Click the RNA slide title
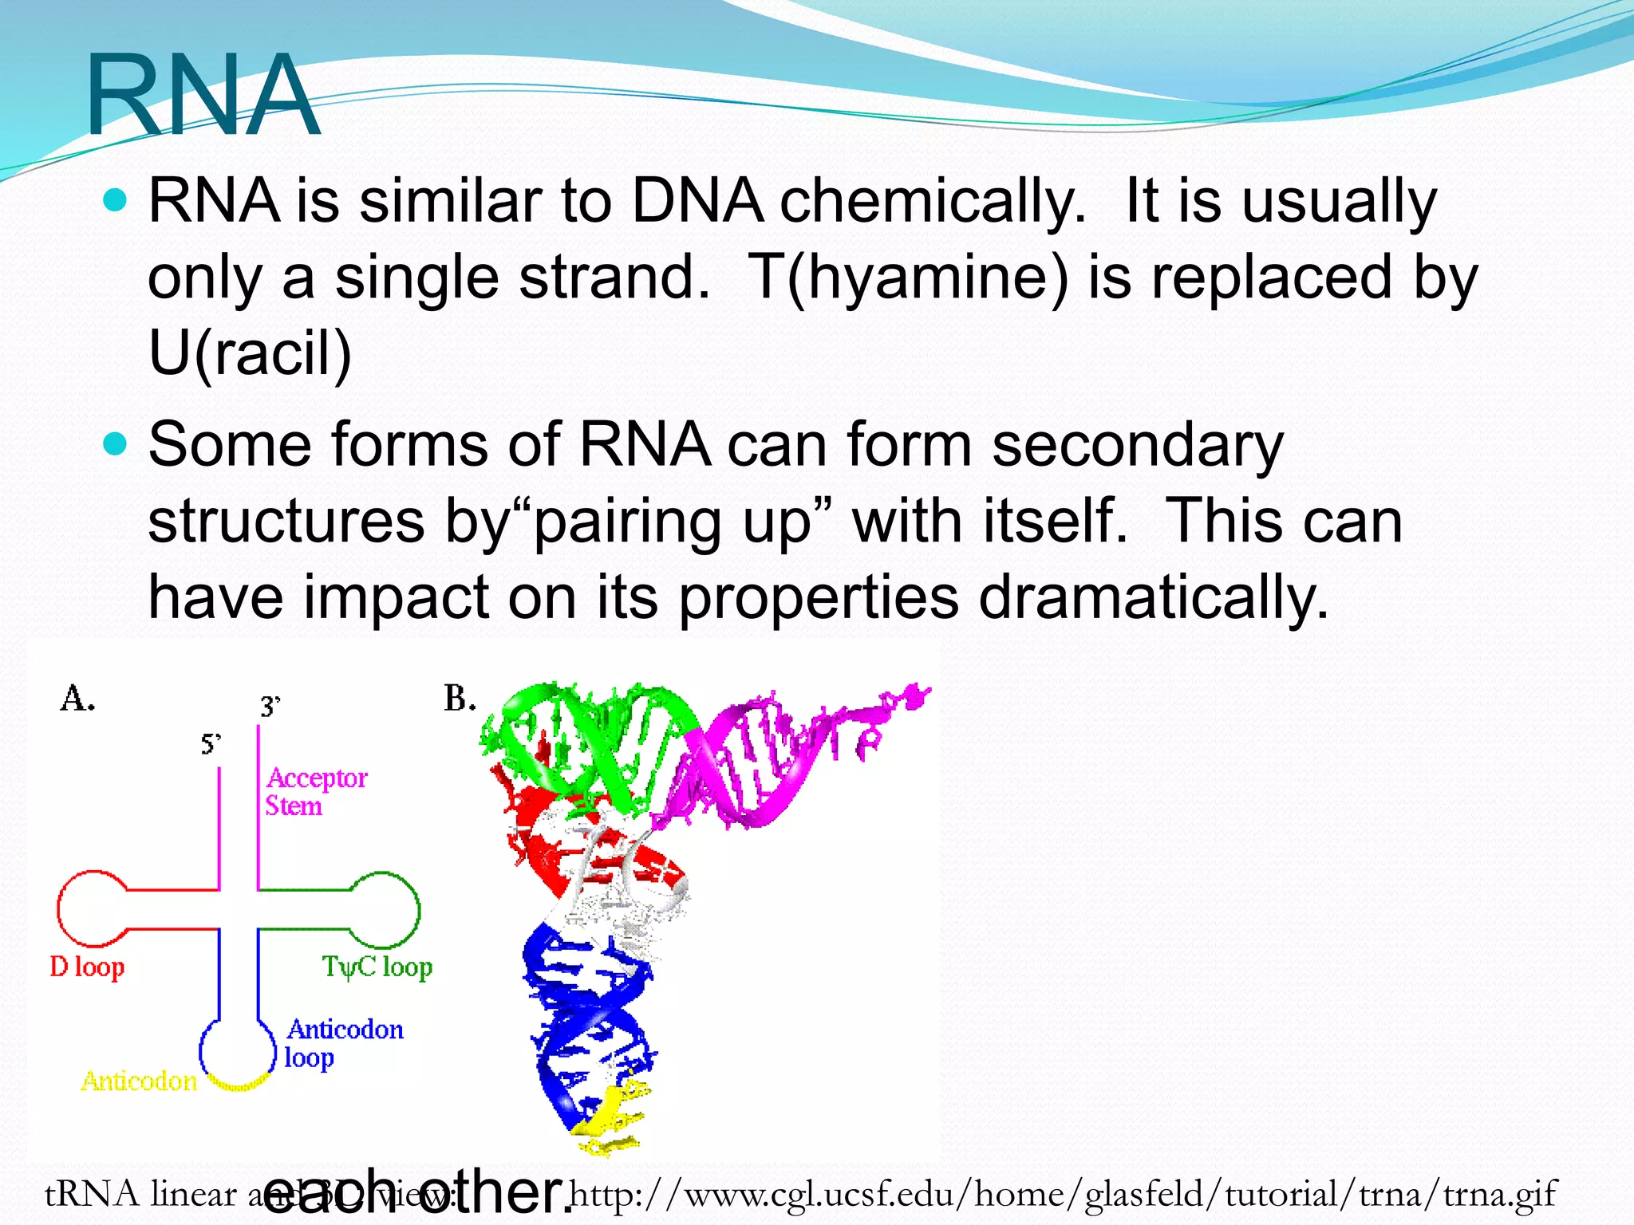click(203, 96)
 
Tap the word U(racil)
click(250, 353)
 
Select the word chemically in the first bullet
click(932, 201)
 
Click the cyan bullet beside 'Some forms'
click(116, 443)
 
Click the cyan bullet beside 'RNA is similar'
click(116, 200)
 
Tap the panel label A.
click(77, 699)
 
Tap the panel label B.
click(460, 699)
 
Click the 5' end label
click(211, 744)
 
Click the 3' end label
click(270, 707)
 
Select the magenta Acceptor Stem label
click(316, 791)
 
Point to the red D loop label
click(87, 967)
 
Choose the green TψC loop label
click(377, 967)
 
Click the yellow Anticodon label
click(139, 1081)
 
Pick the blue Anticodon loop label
click(344, 1042)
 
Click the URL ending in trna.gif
click(1062, 1195)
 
